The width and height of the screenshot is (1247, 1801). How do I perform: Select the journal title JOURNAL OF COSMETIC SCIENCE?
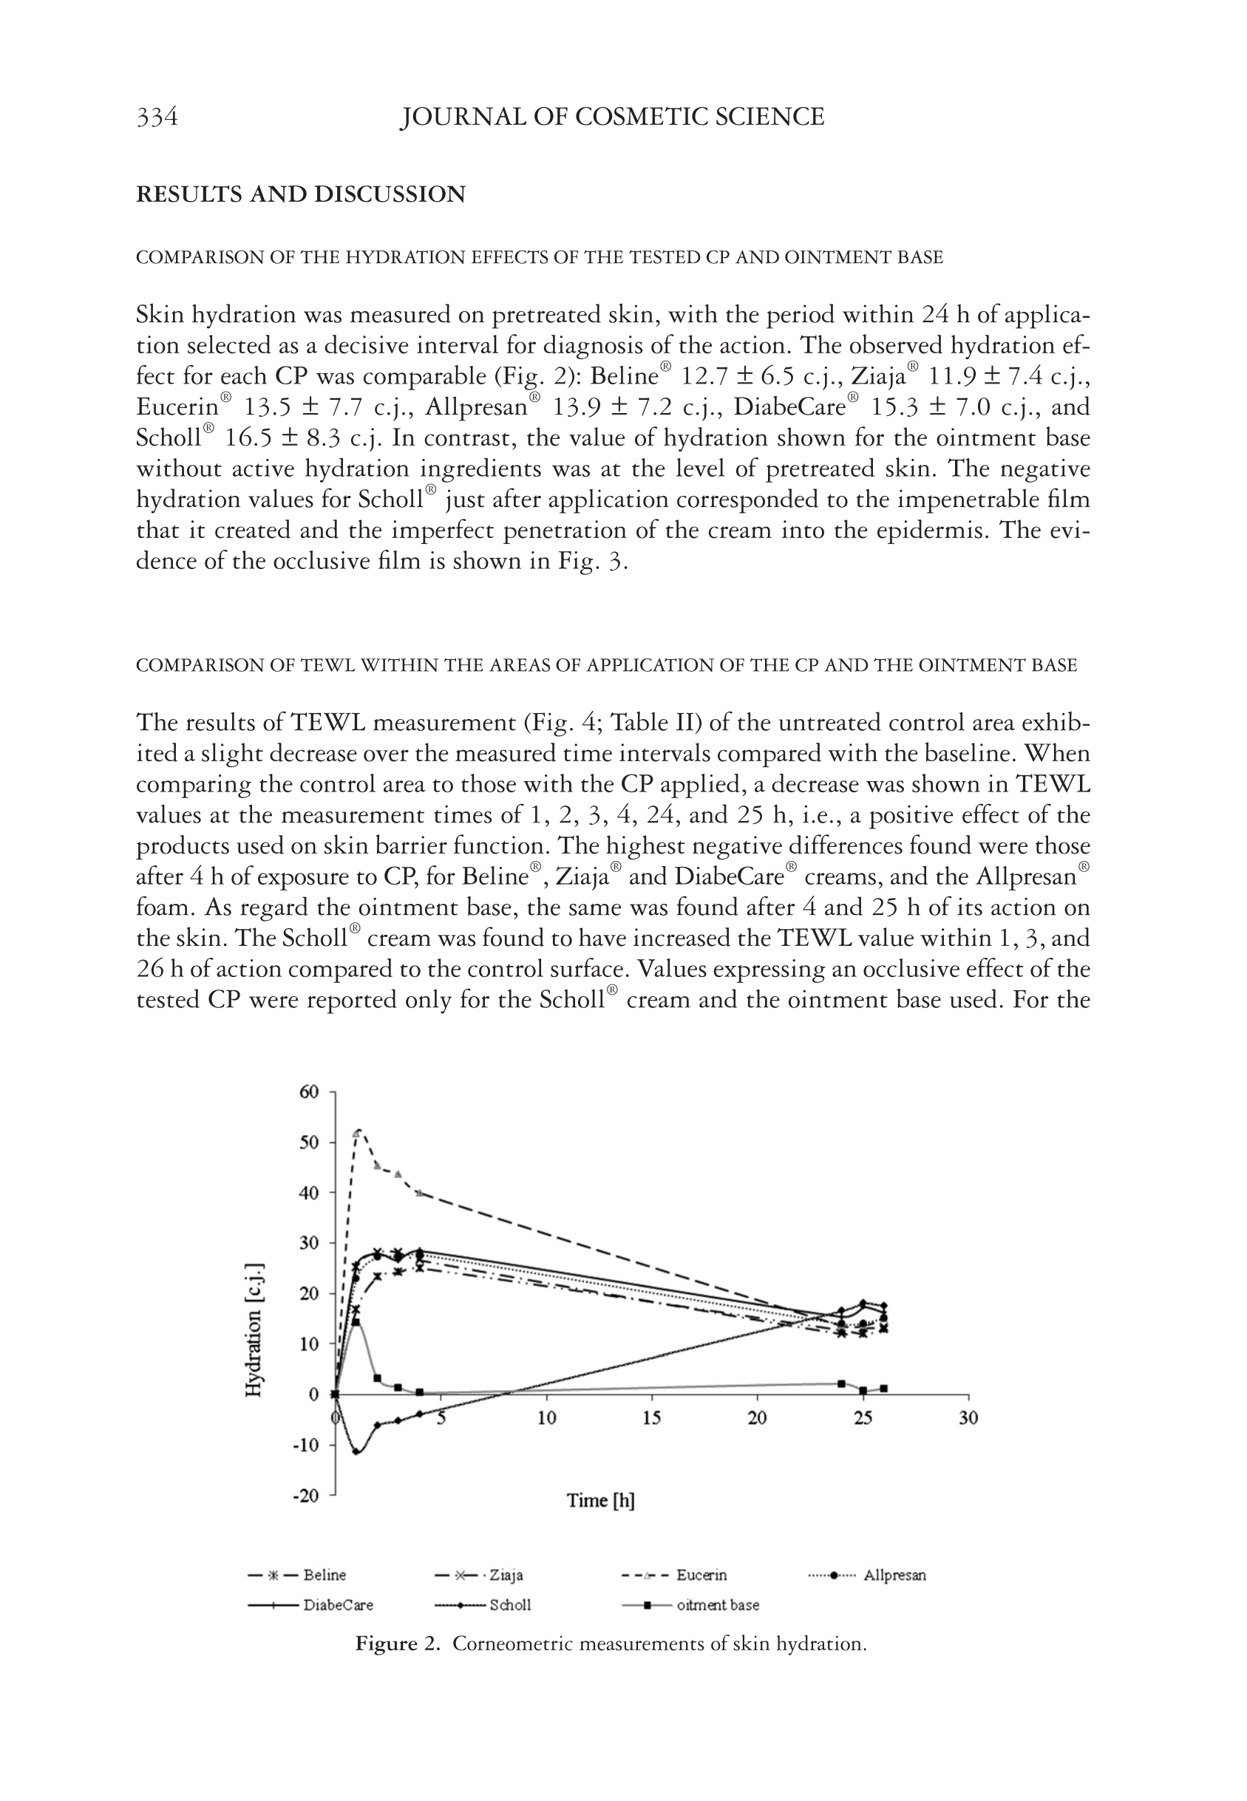[x=612, y=118]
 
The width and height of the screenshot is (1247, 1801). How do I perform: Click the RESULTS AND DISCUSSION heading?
[x=301, y=194]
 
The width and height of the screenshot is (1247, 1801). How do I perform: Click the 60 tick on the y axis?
[x=310, y=1092]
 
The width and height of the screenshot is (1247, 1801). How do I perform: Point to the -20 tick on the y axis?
[x=307, y=1495]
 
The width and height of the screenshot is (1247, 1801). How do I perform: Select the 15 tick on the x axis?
[x=652, y=1417]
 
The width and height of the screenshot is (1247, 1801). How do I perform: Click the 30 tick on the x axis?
[x=968, y=1417]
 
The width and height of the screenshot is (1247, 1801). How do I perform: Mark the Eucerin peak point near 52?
[x=358, y=1131]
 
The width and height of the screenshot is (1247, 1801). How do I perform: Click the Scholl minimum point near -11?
[x=356, y=1452]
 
